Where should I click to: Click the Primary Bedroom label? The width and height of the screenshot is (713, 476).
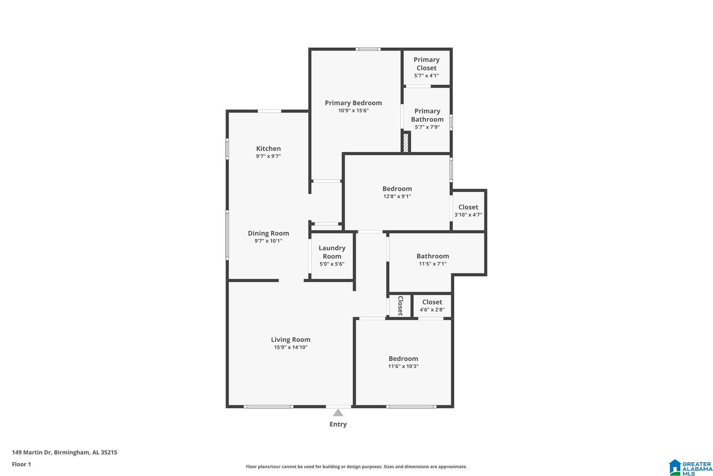[353, 103]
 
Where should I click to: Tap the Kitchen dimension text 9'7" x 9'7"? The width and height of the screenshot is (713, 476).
[268, 157]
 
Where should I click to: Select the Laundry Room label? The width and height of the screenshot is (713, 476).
[332, 252]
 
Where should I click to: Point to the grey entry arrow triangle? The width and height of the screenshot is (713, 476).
[338, 413]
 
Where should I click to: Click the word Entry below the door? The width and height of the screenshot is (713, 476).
[338, 424]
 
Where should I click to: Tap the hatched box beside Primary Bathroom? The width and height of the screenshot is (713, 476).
[406, 142]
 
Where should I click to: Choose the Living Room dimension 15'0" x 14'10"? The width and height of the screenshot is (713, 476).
[291, 347]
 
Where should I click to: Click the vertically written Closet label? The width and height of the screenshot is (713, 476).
[400, 306]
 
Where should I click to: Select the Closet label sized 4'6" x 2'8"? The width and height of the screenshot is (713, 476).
[432, 302]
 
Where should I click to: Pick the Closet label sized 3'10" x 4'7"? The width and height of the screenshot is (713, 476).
[468, 207]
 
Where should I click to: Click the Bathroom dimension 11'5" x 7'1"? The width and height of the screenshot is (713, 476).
[433, 264]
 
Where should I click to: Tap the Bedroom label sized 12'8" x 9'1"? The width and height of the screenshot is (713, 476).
[397, 189]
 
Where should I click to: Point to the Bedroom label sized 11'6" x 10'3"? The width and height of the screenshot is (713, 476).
[403, 359]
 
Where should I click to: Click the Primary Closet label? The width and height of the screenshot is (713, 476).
[426, 64]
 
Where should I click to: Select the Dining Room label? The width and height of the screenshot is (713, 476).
[268, 234]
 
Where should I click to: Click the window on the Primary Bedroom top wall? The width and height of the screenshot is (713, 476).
[368, 49]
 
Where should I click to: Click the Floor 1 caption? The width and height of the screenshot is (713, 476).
[21, 464]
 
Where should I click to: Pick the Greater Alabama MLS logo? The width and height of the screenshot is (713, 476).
[690, 467]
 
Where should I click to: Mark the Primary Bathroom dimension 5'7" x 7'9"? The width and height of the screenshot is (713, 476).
[427, 127]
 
